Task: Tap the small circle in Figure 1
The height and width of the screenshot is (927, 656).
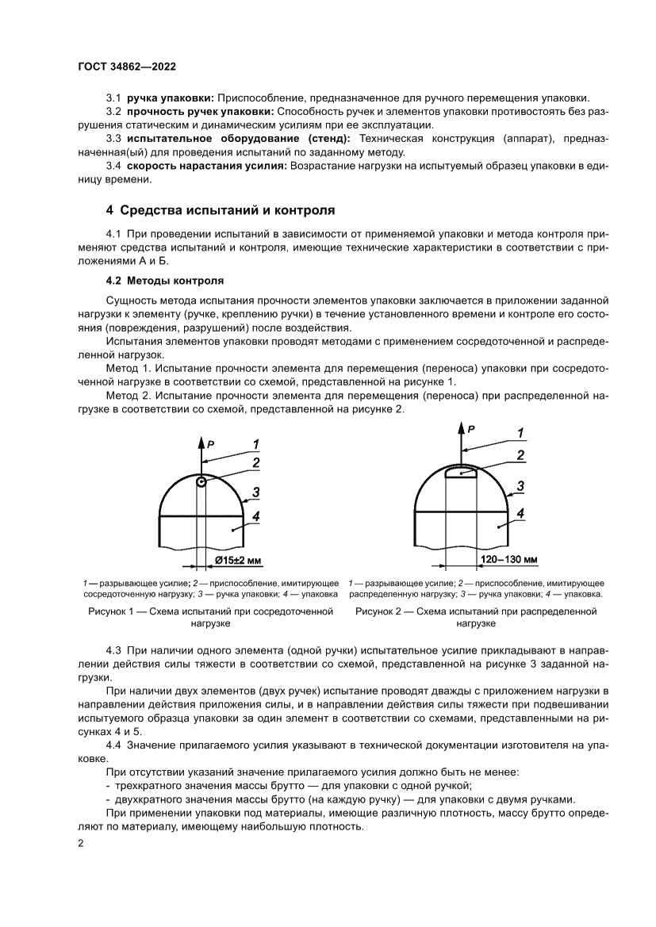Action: click(201, 481)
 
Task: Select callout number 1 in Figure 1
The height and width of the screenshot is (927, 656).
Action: click(257, 443)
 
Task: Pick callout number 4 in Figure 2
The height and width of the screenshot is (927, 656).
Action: click(520, 513)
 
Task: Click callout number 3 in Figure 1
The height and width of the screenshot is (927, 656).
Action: click(256, 492)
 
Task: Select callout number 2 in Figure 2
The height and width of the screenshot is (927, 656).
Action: click(520, 455)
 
